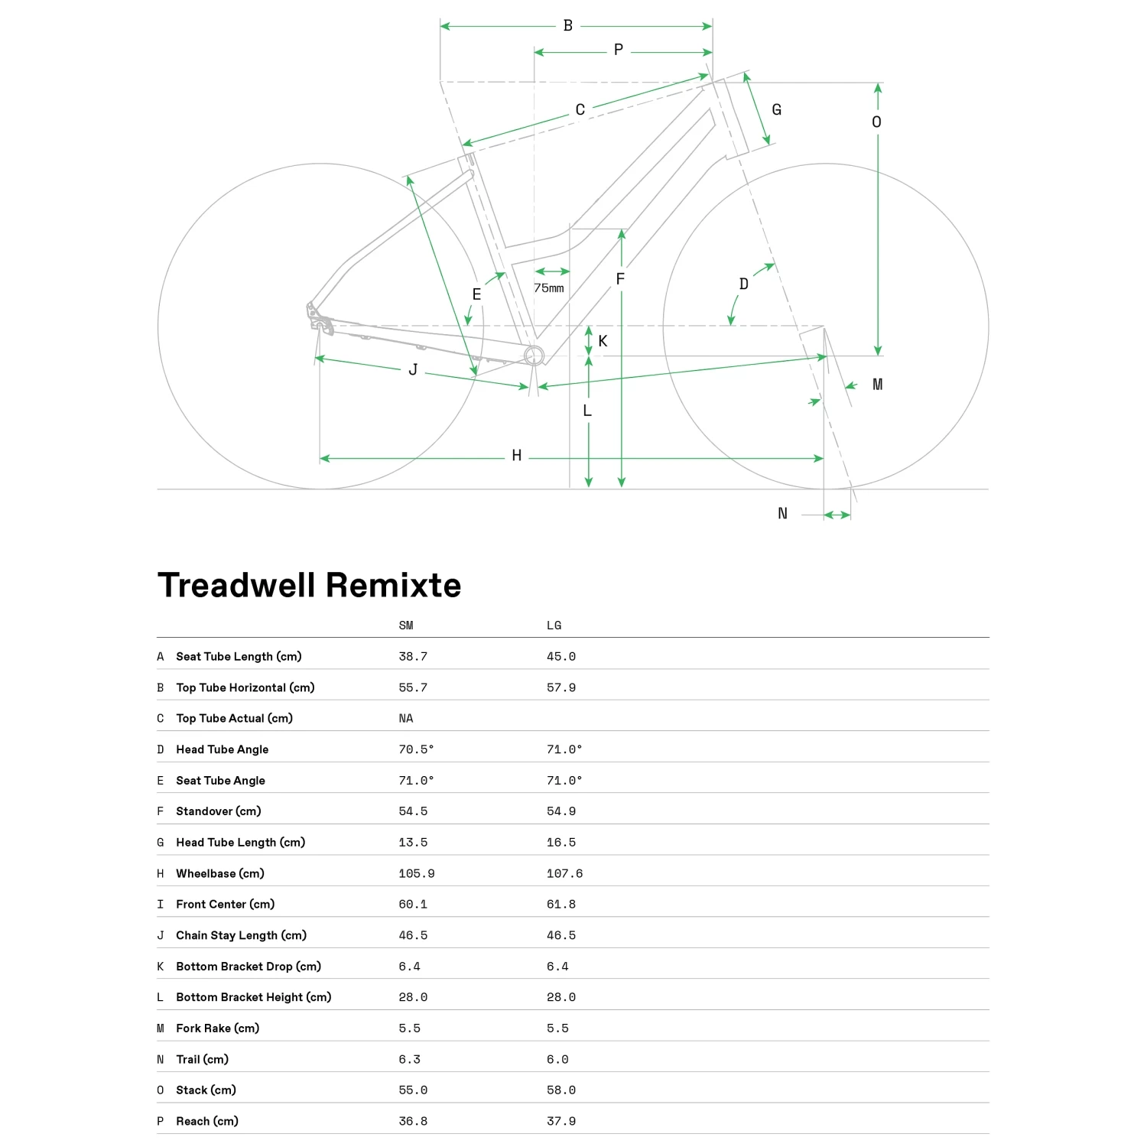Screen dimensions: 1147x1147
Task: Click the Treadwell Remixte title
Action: [x=309, y=586]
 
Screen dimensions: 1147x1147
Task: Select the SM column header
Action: [x=406, y=625]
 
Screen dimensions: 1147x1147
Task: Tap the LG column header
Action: [x=554, y=625]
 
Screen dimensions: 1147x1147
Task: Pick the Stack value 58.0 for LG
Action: [x=561, y=1090]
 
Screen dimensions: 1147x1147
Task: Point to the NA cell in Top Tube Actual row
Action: [x=405, y=718]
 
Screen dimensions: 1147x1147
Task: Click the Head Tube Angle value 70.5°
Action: [x=415, y=749]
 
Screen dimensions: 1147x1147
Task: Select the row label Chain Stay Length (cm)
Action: [x=241, y=935]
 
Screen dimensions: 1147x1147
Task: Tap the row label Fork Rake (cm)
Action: [x=217, y=1028]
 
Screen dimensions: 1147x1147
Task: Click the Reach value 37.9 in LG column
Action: [x=561, y=1121]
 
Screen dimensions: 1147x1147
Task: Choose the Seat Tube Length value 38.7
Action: [x=412, y=656]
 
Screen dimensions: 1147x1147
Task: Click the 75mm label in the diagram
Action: [x=548, y=288]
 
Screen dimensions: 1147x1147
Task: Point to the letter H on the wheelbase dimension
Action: [x=517, y=456]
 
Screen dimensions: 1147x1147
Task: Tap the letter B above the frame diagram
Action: [x=568, y=26]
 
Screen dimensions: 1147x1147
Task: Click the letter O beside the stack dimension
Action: [x=876, y=122]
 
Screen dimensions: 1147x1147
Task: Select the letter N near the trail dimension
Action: [x=782, y=514]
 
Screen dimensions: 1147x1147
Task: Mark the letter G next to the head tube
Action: [x=776, y=110]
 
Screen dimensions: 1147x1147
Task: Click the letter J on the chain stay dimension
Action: [x=413, y=370]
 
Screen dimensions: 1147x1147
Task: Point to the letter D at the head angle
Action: [x=743, y=284]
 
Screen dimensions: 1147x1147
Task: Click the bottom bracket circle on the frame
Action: [x=534, y=356]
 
